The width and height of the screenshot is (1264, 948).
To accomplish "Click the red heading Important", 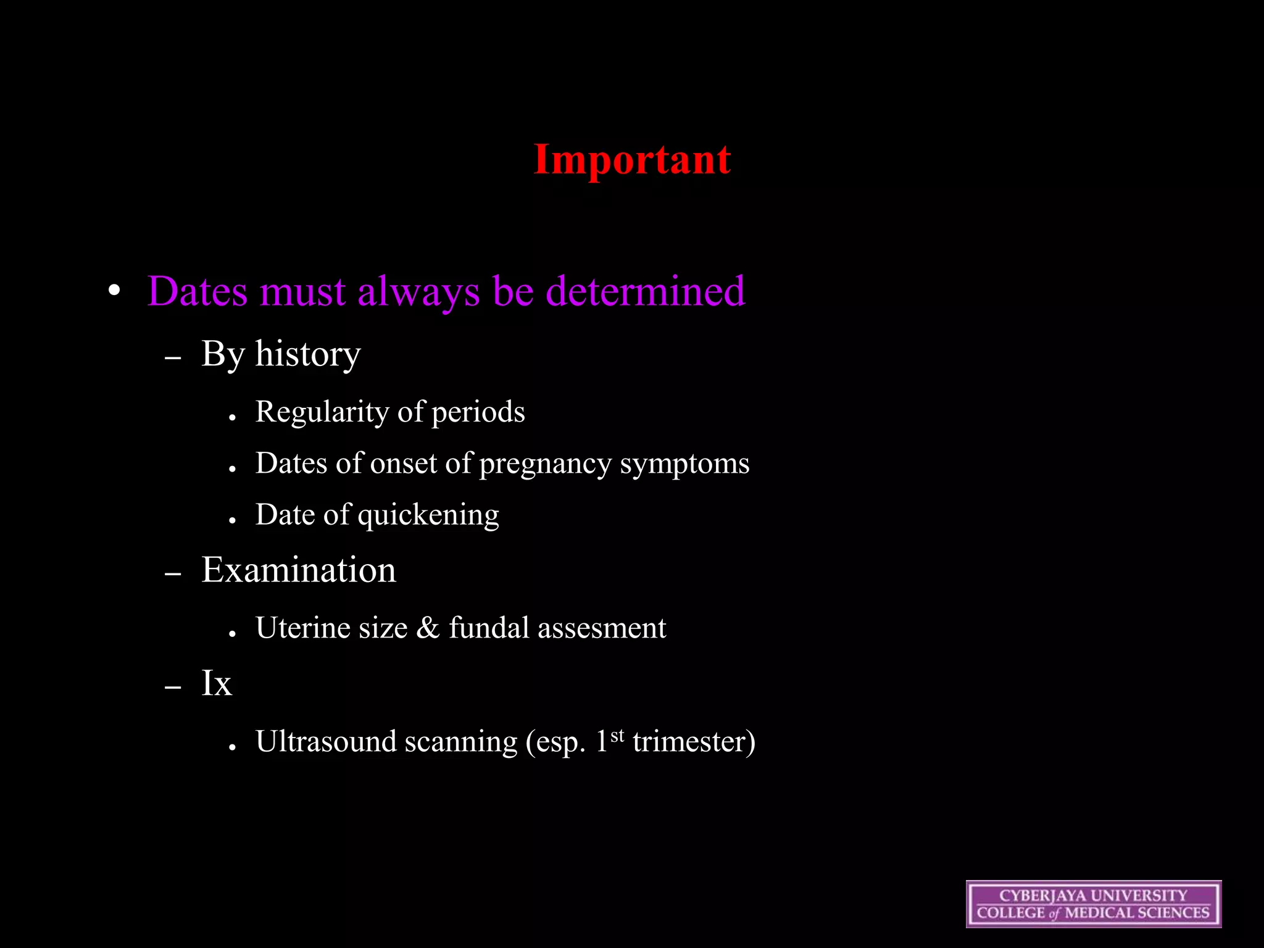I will pos(632,160).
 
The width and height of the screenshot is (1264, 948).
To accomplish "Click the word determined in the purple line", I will pos(646,291).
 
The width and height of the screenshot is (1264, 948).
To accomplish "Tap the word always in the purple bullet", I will pos(418,292).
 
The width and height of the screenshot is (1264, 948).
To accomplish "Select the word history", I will pos(308,355).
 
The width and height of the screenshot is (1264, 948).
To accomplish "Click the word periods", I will pos(478,412).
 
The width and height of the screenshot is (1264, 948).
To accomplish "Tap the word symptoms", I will pos(684,464).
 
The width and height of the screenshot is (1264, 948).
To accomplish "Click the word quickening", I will pos(428,515).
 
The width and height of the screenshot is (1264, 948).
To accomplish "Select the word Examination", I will pos(299,570).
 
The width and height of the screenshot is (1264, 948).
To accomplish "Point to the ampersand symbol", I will pos(428,628).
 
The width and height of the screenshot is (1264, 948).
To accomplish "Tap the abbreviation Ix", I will pos(217,683).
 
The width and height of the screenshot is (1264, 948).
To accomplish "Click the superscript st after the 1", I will pos(617,736).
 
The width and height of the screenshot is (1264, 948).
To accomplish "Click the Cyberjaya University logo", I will pos(1093,904).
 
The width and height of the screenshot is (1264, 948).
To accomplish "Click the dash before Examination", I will pos(173,574).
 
